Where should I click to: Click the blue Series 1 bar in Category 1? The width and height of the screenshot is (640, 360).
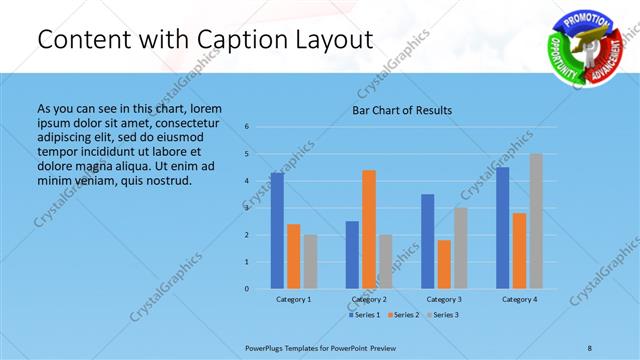click(x=277, y=231)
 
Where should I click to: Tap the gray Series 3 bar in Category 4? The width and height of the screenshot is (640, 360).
click(x=536, y=221)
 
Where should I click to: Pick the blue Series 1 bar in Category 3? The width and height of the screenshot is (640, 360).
click(x=428, y=241)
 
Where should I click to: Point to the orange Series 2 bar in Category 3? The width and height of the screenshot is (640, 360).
click(x=444, y=264)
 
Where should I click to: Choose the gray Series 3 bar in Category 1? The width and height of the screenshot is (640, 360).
click(x=310, y=262)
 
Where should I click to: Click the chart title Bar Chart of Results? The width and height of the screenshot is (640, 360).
click(x=402, y=110)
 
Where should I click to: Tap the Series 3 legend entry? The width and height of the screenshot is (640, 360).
click(x=444, y=315)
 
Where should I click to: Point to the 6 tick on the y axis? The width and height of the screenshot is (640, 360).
click(x=247, y=127)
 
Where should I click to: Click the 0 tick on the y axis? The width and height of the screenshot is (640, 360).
click(x=247, y=289)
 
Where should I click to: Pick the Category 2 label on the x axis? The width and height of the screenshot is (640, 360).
click(x=369, y=299)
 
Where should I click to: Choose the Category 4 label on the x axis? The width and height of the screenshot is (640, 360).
click(x=519, y=299)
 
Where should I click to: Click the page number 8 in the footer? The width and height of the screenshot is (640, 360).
click(x=590, y=347)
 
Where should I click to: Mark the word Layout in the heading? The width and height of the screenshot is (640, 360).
click(x=331, y=40)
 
